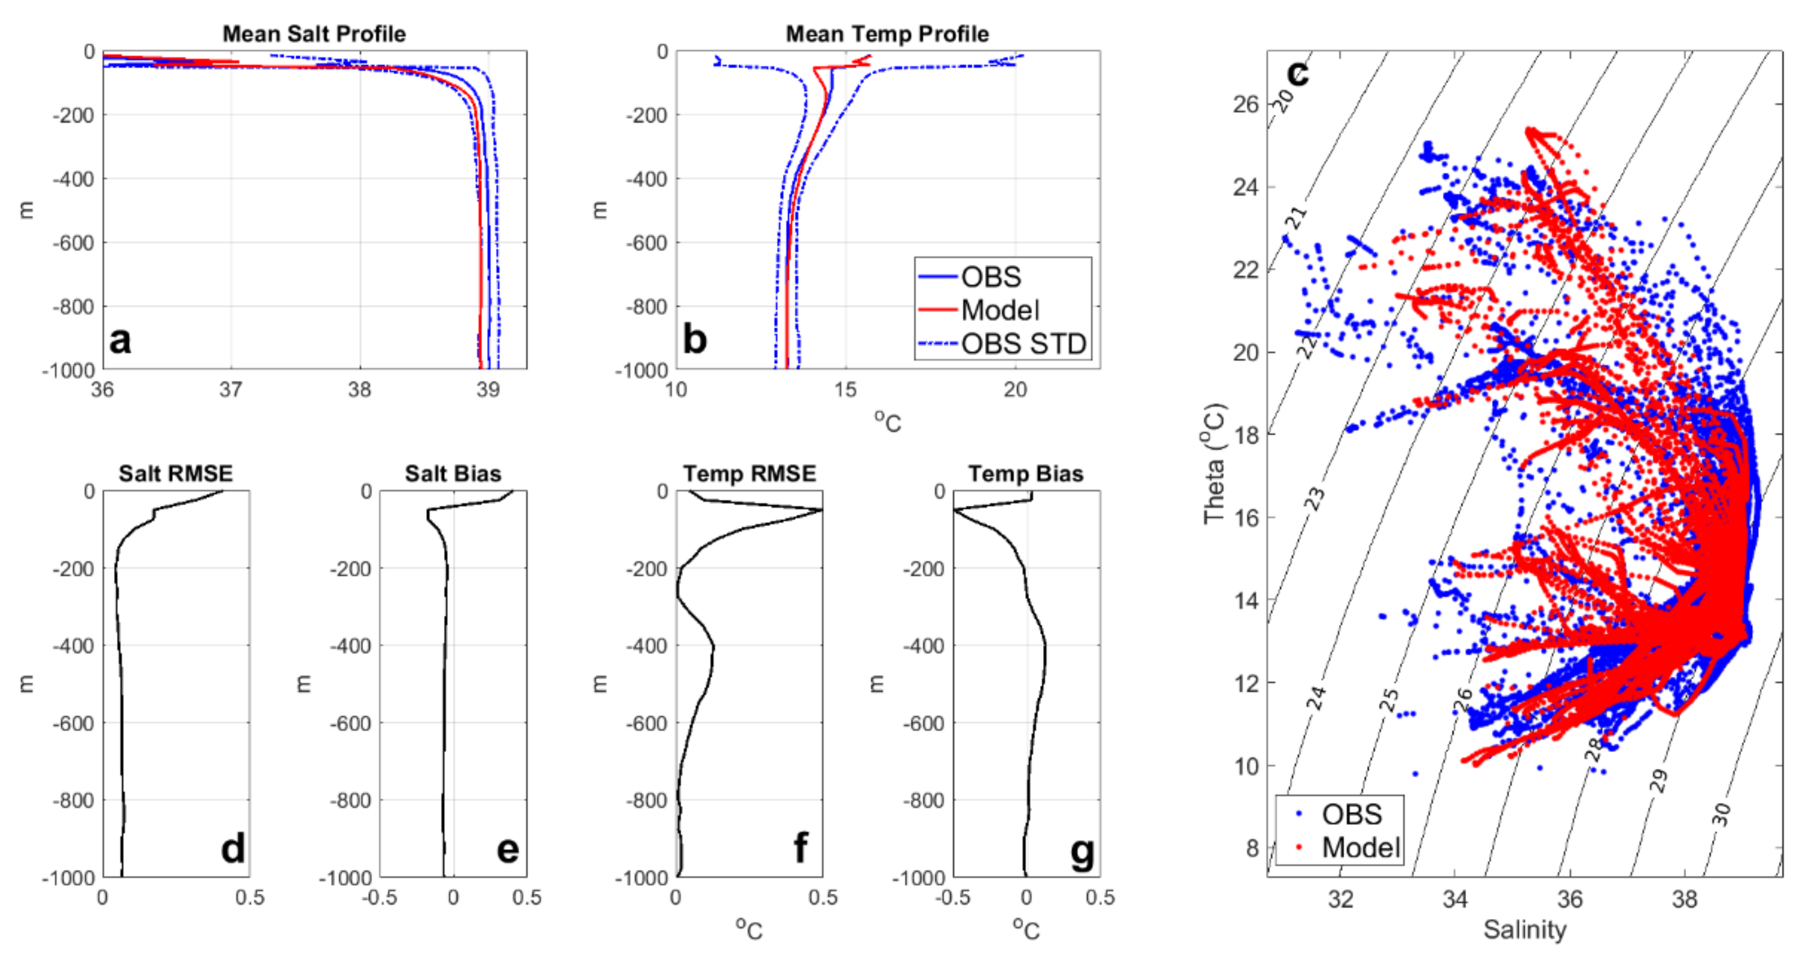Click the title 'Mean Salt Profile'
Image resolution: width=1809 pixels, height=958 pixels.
314,33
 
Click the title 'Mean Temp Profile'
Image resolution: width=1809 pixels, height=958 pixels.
887,33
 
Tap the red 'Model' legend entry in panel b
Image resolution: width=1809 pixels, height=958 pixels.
999,310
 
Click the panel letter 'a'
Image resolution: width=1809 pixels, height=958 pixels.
120,340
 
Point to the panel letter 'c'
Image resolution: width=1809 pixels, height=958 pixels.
1297,71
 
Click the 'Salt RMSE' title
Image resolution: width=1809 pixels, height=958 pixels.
175,473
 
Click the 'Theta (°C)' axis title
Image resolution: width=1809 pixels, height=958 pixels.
1214,463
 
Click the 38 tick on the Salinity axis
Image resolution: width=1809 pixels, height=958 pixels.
1684,898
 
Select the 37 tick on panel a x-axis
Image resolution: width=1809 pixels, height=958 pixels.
231,389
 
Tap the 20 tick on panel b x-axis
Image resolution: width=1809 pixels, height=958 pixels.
1014,389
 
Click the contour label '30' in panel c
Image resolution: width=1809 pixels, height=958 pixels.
1721,815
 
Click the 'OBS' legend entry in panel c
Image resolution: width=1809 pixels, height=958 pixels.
1351,814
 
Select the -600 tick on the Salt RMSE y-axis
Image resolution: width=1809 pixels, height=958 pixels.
73,724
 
